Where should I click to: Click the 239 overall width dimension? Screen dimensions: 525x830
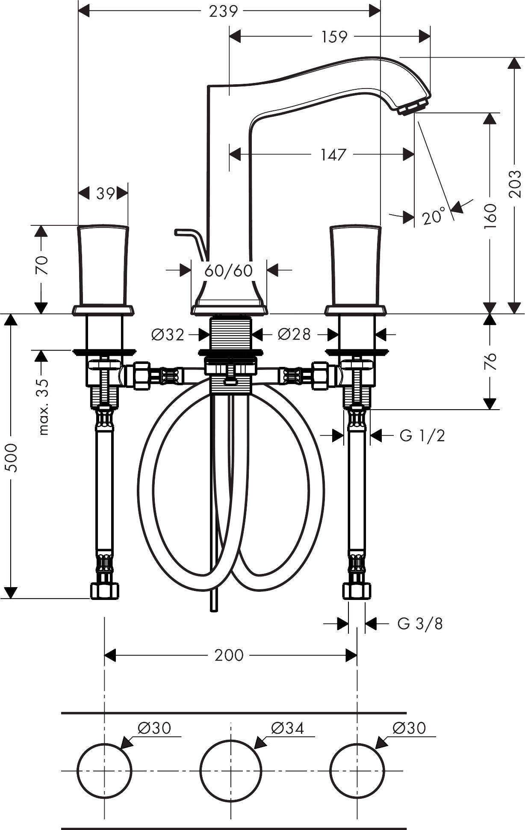click(223, 11)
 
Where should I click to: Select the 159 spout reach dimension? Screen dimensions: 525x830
click(334, 37)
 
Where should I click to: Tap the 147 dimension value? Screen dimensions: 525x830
click(333, 154)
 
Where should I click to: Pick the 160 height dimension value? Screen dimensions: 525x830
click(490, 216)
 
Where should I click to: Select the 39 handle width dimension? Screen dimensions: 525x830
click(105, 194)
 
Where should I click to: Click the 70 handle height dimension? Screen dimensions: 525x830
click(41, 265)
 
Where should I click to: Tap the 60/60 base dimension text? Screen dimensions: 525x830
click(229, 270)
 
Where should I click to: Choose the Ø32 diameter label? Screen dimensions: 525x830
click(168, 334)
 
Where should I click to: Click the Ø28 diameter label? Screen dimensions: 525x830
click(294, 334)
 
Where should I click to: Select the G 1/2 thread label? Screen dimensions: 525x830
click(422, 436)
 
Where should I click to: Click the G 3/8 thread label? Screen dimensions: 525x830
click(420, 624)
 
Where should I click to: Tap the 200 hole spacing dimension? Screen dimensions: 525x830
click(229, 655)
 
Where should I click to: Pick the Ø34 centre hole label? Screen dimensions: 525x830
click(287, 727)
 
